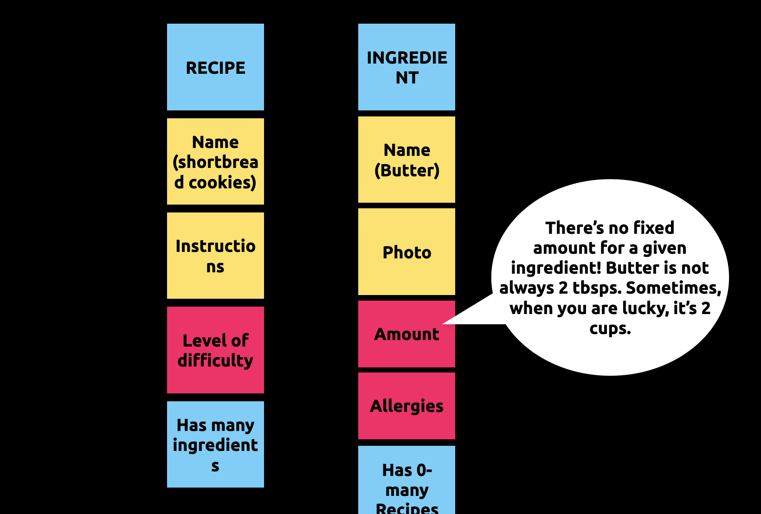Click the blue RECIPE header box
click(215, 67)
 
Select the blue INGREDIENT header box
click(406, 67)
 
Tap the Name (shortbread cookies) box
click(215, 161)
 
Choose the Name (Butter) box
click(406, 160)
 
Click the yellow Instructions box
click(215, 256)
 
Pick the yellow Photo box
click(406, 252)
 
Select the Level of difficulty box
click(215, 350)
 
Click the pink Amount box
click(406, 334)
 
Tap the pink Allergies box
click(406, 406)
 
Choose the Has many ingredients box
click(215, 444)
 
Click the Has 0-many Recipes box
click(406, 480)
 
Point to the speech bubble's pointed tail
click(443, 324)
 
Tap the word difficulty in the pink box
click(215, 360)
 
